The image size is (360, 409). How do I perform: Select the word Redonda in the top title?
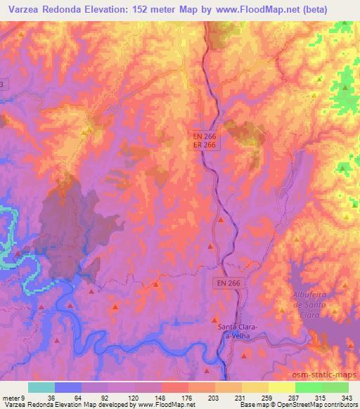click(65, 8)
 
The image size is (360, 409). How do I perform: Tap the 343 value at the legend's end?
click(347, 397)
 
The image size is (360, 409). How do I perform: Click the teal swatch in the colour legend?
click(41, 387)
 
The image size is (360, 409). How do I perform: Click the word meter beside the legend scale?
click(11, 397)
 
